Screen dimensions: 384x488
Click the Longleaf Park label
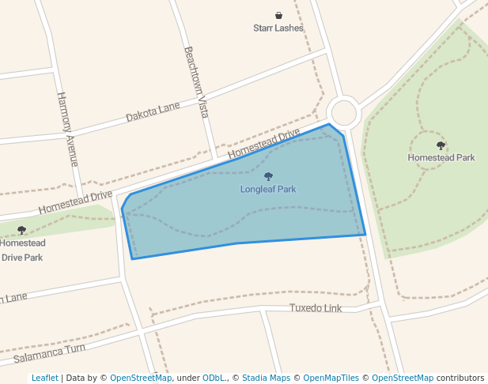(268, 190)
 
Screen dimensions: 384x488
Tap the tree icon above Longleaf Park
(268, 177)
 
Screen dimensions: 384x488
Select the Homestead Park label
(441, 157)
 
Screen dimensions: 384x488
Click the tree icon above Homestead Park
(441, 145)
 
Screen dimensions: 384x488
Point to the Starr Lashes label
(278, 28)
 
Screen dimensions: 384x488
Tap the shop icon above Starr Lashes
(278, 15)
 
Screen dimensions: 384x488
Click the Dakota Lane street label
(153, 111)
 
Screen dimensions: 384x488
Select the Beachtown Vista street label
(196, 82)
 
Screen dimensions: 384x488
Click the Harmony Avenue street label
(69, 129)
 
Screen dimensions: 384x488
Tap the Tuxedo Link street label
(316, 308)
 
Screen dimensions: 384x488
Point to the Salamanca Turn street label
(49, 353)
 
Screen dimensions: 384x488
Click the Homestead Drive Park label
(22, 250)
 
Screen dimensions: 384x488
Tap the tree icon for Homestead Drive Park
(21, 230)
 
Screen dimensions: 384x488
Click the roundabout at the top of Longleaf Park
(345, 112)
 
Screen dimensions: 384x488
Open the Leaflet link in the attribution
(44, 378)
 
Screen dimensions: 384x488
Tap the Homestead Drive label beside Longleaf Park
(264, 141)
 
